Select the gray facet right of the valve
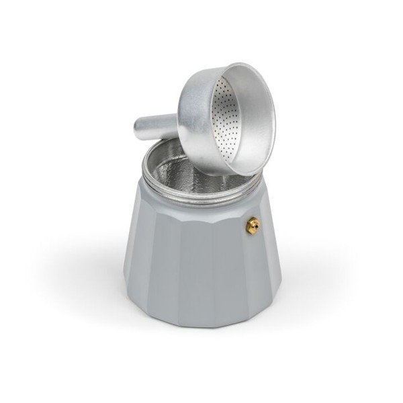point(269,269)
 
